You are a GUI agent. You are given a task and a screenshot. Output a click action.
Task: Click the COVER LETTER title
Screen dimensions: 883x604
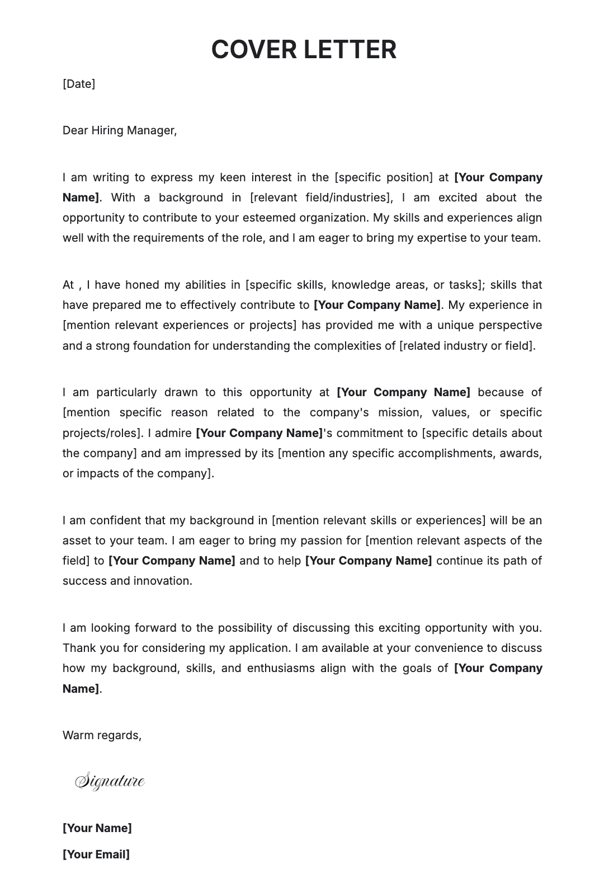[x=304, y=49]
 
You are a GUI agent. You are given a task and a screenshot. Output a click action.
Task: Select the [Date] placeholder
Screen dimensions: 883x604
[x=79, y=84]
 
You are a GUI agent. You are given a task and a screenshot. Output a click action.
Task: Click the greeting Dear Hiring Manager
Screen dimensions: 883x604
[x=119, y=130]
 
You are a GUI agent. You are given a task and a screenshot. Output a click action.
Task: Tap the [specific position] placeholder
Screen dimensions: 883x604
[x=384, y=177]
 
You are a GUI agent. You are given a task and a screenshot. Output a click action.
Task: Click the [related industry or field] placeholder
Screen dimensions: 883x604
[x=466, y=346]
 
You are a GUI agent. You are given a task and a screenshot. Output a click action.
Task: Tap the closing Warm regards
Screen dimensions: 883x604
[x=102, y=735]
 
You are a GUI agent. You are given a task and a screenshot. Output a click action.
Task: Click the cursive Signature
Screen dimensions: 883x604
[x=110, y=781]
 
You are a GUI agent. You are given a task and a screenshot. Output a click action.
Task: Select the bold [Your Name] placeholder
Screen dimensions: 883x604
[x=97, y=828]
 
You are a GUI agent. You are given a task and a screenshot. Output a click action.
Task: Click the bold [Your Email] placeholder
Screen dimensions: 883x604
[x=96, y=854]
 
